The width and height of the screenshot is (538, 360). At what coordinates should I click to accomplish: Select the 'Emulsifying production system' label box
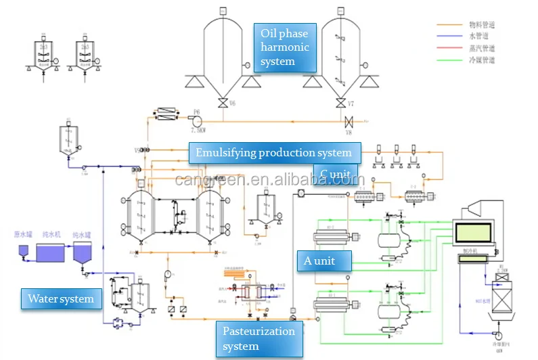click(274, 153)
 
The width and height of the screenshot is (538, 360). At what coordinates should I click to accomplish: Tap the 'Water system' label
click(62, 298)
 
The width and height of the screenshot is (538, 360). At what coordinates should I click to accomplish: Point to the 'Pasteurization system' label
click(260, 338)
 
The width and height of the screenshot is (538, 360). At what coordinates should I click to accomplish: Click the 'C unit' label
click(336, 175)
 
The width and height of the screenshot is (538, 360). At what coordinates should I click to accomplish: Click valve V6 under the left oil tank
click(223, 104)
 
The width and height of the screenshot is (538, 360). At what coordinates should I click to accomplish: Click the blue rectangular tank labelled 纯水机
click(52, 253)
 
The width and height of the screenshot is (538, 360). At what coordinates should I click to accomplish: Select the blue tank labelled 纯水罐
click(84, 254)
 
